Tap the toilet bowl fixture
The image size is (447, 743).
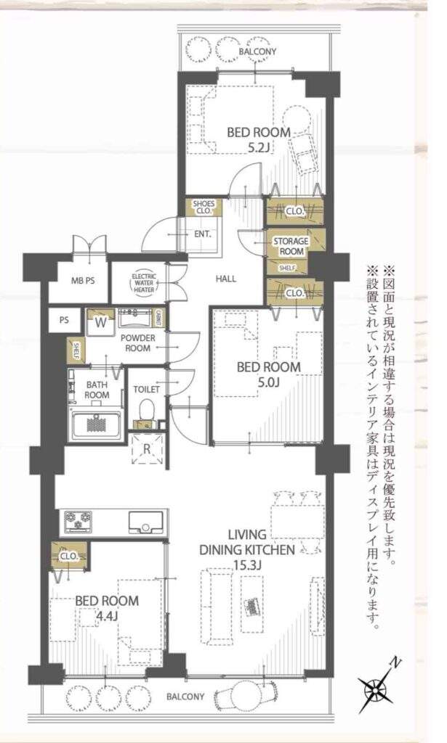click(x=147, y=409)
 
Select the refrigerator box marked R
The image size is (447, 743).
click(x=147, y=448)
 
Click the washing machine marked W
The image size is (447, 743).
click(x=100, y=323)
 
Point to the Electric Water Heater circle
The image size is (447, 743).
click(x=144, y=284)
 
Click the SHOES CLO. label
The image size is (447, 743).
click(x=204, y=207)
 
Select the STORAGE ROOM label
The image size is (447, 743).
click(x=291, y=247)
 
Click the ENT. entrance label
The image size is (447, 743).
click(x=203, y=234)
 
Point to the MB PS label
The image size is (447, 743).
click(x=83, y=281)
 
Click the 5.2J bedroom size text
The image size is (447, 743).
click(x=259, y=147)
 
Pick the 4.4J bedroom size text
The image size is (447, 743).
click(x=107, y=617)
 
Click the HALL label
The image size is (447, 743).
click(x=226, y=279)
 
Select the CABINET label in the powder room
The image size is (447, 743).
click(x=159, y=318)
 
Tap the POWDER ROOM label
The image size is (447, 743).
click(x=137, y=343)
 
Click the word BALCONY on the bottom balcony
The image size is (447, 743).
click(x=185, y=697)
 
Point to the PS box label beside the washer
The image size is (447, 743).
click(x=64, y=320)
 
